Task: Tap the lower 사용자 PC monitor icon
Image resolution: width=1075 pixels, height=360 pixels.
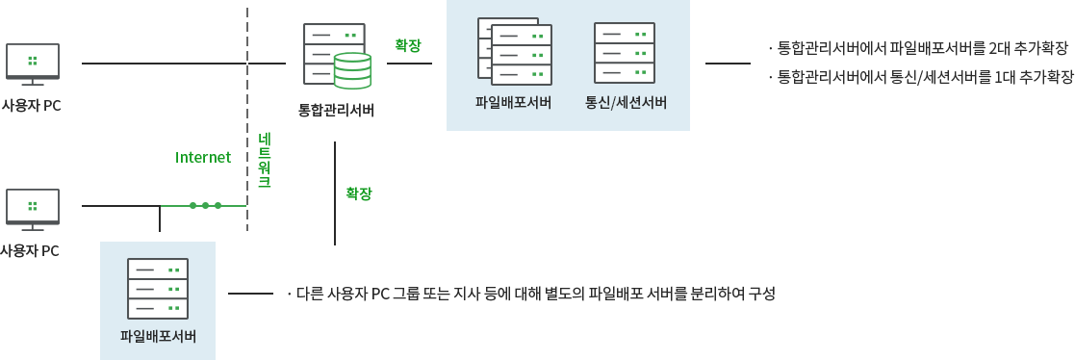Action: point(32,208)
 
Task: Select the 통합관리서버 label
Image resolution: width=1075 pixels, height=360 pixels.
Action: point(336,109)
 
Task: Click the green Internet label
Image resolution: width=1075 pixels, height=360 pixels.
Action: point(203,157)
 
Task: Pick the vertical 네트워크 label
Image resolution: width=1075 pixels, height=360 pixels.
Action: point(264,161)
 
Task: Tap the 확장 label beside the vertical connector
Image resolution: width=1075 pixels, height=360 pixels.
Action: point(359,193)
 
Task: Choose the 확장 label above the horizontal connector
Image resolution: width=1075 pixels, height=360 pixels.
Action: point(408,44)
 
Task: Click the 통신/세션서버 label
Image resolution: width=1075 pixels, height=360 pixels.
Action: point(626,102)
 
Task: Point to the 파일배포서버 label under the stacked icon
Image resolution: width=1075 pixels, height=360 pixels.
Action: point(513,102)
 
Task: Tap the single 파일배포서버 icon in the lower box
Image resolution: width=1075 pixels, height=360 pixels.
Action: point(158,288)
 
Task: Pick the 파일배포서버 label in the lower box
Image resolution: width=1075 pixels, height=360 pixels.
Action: point(158,336)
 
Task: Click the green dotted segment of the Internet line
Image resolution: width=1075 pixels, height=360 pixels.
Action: point(205,205)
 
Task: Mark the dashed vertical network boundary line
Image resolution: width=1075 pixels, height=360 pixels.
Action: point(247,116)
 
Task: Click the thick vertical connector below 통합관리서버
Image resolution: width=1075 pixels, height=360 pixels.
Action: point(334,193)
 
